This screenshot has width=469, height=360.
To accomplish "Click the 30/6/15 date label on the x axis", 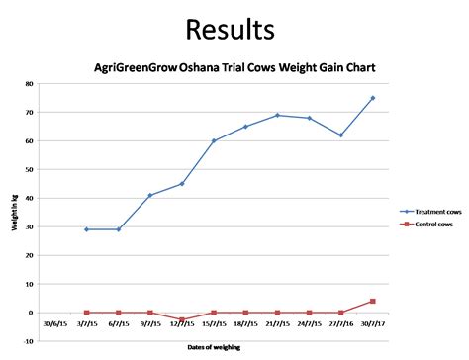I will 55,321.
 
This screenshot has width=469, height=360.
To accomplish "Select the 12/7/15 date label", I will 182,321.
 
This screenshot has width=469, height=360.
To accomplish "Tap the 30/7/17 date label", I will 372,321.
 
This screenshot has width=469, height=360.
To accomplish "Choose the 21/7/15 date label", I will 277,321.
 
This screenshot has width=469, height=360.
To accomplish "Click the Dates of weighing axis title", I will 213,348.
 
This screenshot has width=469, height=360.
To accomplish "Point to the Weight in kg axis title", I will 17,213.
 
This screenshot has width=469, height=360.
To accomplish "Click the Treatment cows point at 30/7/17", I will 373,98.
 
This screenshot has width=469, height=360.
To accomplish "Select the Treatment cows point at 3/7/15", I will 87,229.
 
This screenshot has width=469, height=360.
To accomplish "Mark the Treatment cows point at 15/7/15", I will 214,140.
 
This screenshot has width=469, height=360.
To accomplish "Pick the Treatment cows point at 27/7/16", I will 341,135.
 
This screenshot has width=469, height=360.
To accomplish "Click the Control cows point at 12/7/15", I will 182,319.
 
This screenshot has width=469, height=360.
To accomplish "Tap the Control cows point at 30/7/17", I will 373,301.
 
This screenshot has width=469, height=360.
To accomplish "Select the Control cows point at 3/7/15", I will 87,313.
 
